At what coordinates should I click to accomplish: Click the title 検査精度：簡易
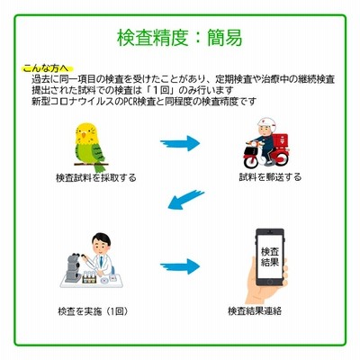[179, 38]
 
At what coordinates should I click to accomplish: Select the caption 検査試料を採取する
[96, 178]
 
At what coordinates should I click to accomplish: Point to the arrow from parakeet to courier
[180, 143]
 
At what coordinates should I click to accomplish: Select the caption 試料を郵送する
[270, 177]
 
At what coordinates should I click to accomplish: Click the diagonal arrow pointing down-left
[185, 199]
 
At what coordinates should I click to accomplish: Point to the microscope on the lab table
[74, 267]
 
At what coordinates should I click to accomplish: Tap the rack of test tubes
[90, 277]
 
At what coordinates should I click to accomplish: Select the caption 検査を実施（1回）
[94, 311]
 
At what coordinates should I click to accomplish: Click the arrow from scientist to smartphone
[180, 266]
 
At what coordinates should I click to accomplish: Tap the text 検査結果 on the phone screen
[270, 256]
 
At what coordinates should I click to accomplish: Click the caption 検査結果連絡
[255, 310]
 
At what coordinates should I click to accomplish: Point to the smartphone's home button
[270, 283]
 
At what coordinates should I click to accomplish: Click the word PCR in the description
[130, 102]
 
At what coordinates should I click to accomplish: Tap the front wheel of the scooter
[251, 160]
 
